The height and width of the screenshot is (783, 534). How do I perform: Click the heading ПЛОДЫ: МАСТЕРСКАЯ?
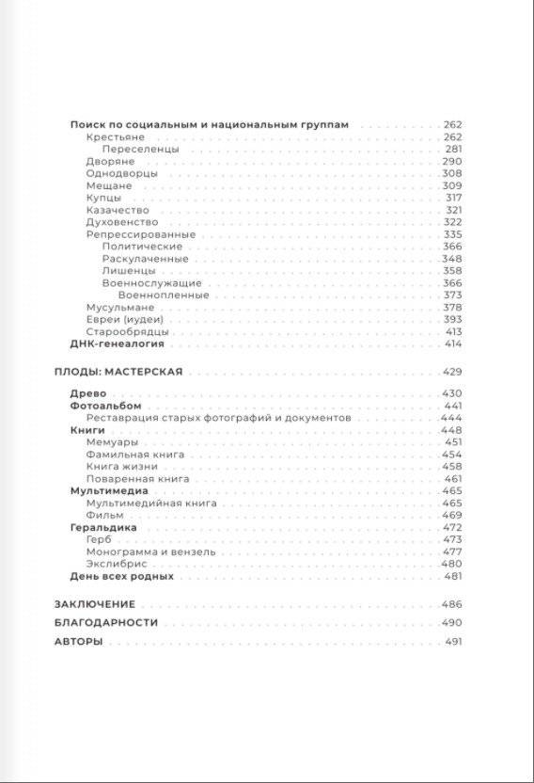pos(118,373)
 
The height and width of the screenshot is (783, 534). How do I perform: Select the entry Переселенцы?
pos(140,150)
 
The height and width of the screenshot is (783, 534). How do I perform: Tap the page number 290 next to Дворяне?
pos(452,162)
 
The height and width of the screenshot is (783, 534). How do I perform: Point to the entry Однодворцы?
pos(121,174)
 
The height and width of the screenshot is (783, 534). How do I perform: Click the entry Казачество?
pos(117,210)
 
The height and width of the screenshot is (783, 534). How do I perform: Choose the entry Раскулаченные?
pos(145,259)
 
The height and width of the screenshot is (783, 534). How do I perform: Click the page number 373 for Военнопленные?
pos(452,295)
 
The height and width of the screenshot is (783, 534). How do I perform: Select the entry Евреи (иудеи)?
pos(125,320)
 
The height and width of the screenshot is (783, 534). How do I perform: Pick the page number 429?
pos(452,373)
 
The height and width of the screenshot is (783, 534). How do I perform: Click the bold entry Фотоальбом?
pos(99,405)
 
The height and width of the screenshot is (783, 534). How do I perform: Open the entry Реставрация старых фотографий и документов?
pos(218,417)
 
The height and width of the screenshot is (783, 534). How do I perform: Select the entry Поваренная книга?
pos(137,479)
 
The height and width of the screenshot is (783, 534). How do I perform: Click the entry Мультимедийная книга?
pos(151,503)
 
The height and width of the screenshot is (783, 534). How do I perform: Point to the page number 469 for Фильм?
pos(452,516)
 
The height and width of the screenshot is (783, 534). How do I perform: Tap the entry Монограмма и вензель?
pos(150,552)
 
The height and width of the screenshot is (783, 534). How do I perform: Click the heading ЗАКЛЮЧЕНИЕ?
pos(95,604)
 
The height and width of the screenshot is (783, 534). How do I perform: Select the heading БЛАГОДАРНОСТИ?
pos(105,623)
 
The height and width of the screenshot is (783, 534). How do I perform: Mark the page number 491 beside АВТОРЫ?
pos(452,642)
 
